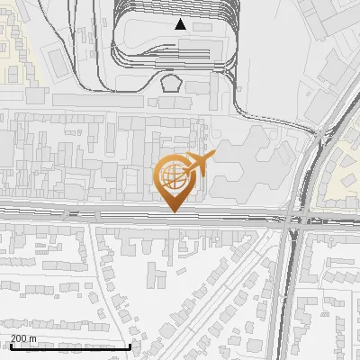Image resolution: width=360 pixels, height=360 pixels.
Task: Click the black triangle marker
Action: click(181, 24)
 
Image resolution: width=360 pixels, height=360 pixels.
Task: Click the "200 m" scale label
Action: click(23, 338)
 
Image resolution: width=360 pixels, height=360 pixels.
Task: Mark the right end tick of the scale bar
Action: click(130, 345)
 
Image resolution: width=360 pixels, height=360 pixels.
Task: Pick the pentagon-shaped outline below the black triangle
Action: click(171, 83)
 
